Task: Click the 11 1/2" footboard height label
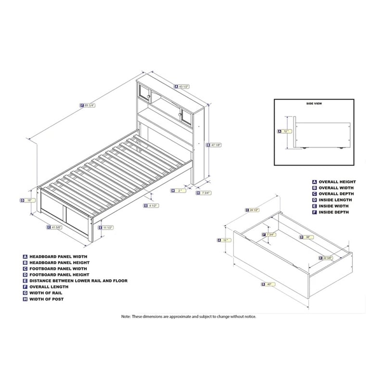point(108,227)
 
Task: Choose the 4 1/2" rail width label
point(152,205)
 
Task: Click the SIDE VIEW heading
point(313,103)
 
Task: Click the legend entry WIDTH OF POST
point(46,299)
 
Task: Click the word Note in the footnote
point(126,316)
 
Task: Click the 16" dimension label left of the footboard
point(26,200)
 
